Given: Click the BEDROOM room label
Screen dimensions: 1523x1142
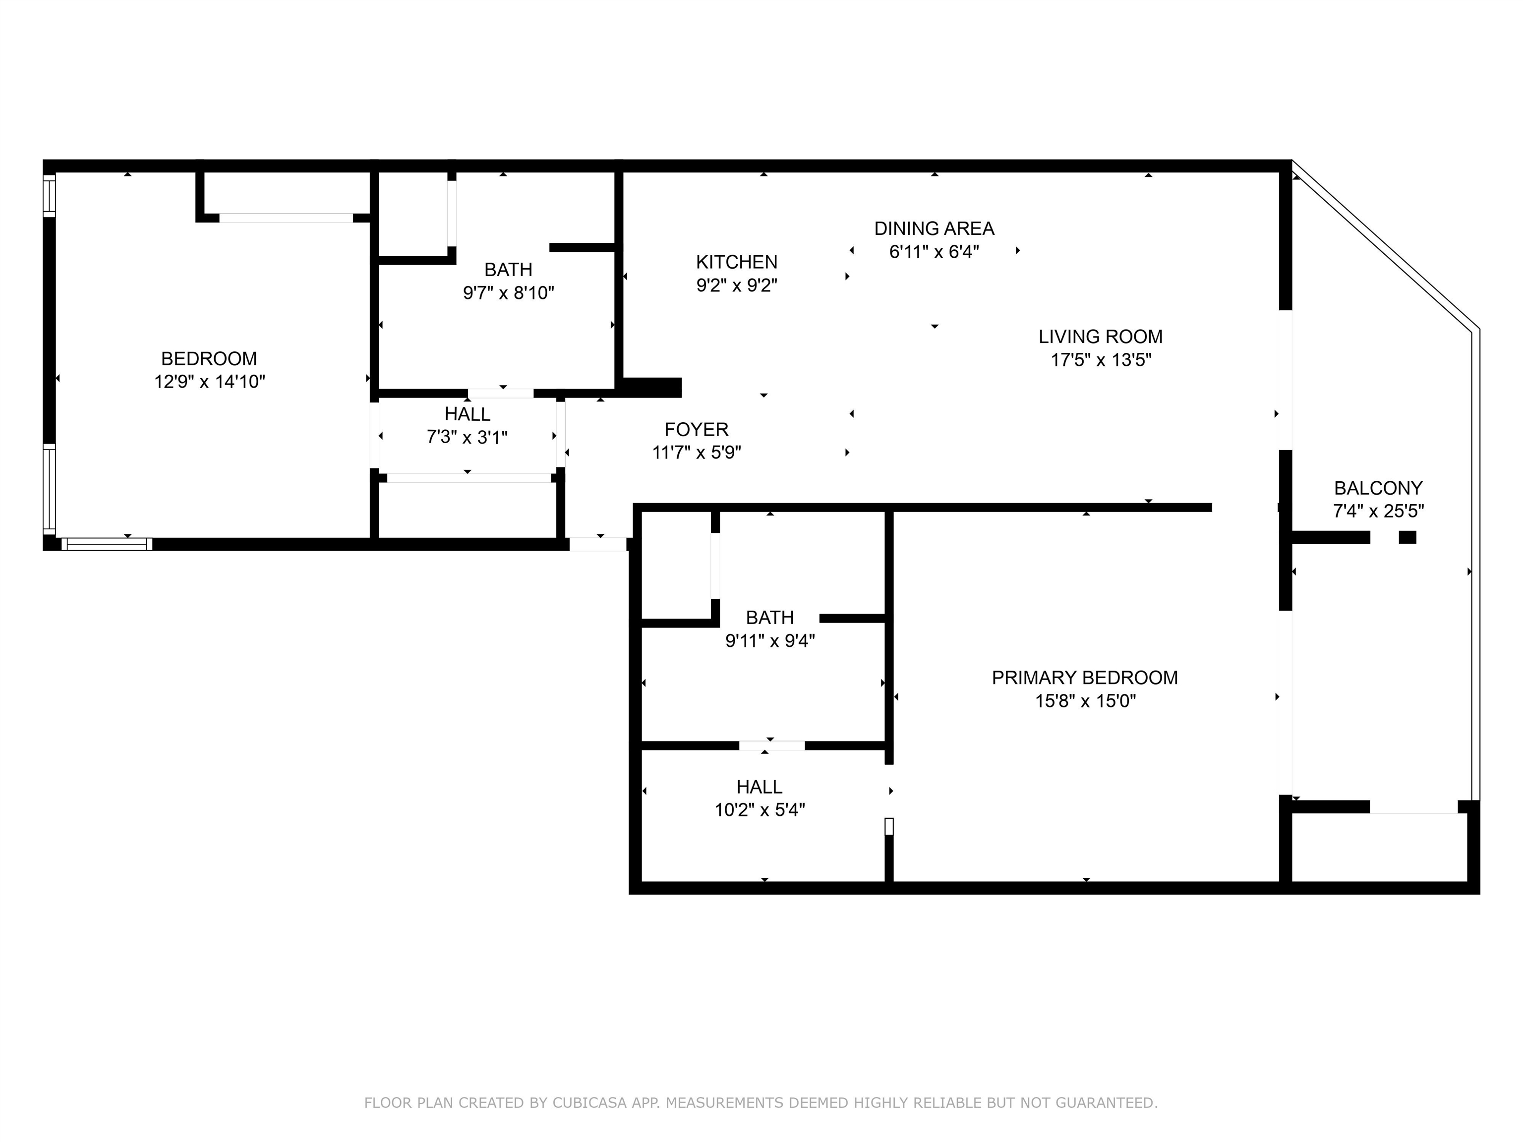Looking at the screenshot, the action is pyautogui.click(x=209, y=359).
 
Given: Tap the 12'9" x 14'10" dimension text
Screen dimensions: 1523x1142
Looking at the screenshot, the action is pyautogui.click(x=209, y=382).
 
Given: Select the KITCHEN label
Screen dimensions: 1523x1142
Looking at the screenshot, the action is pyautogui.click(x=737, y=262).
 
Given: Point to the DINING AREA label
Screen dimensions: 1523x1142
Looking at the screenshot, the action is pyautogui.click(x=935, y=228).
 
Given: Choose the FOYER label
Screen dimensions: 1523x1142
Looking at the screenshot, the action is pyautogui.click(x=696, y=430).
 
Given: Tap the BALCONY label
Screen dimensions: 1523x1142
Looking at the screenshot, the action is pyautogui.click(x=1378, y=488).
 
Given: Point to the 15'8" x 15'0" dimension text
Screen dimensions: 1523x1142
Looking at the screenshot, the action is pyautogui.click(x=1086, y=701).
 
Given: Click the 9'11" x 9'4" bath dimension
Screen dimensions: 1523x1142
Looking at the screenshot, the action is pyautogui.click(x=770, y=641).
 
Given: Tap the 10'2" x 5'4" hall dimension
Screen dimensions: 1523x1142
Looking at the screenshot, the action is pyautogui.click(x=760, y=810).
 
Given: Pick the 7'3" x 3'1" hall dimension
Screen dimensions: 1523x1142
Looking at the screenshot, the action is pyautogui.click(x=468, y=438).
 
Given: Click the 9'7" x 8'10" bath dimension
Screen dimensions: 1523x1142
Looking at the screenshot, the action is pyautogui.click(x=509, y=293).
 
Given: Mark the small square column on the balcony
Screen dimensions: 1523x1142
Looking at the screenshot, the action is pyautogui.click(x=1407, y=538).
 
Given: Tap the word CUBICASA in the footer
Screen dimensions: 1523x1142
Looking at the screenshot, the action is pyautogui.click(x=589, y=1103).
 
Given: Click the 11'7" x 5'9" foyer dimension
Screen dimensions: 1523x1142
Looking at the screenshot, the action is pyautogui.click(x=697, y=453).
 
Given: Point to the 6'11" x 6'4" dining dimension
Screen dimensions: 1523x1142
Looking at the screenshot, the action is pyautogui.click(x=935, y=252).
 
